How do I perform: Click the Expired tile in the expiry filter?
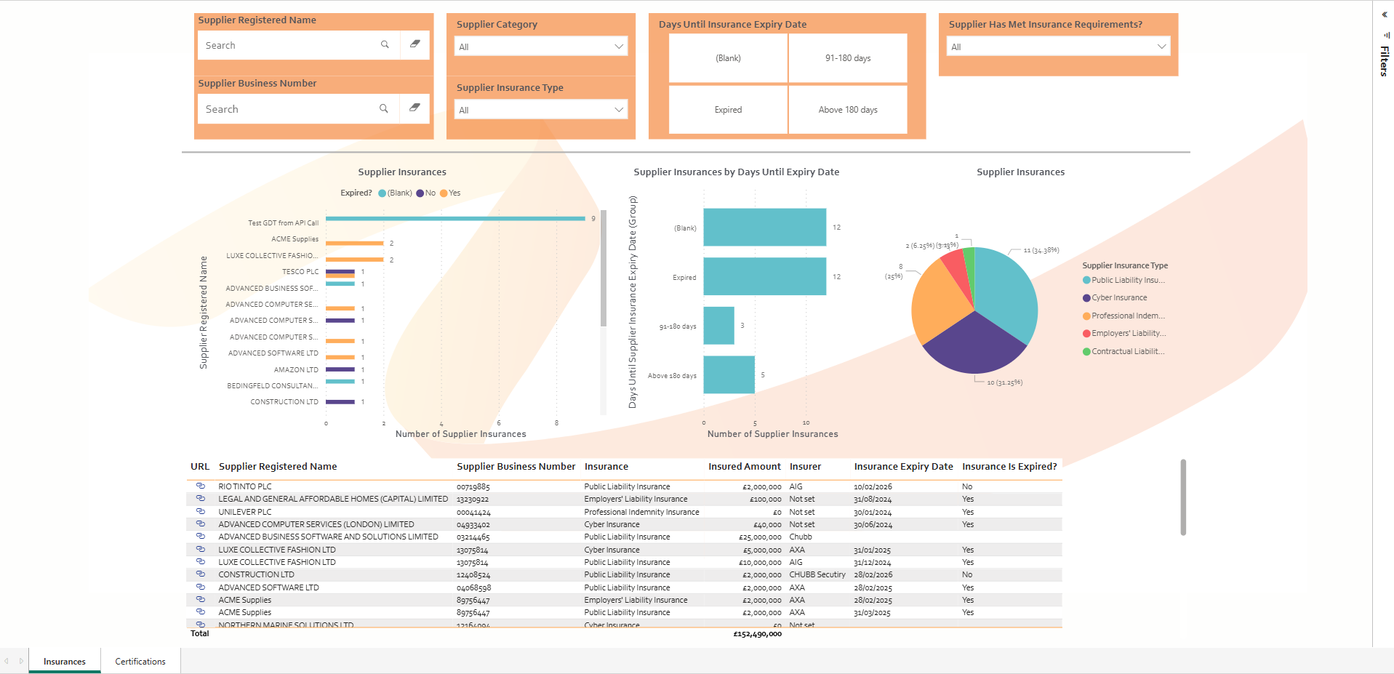[728, 110]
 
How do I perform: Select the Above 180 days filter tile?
[848, 110]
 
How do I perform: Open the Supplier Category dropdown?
[540, 47]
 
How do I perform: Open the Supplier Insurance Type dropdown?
[540, 110]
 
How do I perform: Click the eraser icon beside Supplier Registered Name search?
[415, 44]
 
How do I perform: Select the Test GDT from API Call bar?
[455, 218]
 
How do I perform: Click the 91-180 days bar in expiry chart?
[718, 326]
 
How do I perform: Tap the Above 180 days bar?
[729, 374]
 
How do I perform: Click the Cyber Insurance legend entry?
[1119, 298]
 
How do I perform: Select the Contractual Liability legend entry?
[1127, 352]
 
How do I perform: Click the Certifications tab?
[140, 662]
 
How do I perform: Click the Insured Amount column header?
[744, 467]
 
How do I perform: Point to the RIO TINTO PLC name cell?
[245, 487]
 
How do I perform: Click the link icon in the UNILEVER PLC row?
[201, 511]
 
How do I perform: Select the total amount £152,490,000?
[757, 634]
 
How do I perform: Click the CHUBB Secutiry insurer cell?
[817, 575]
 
